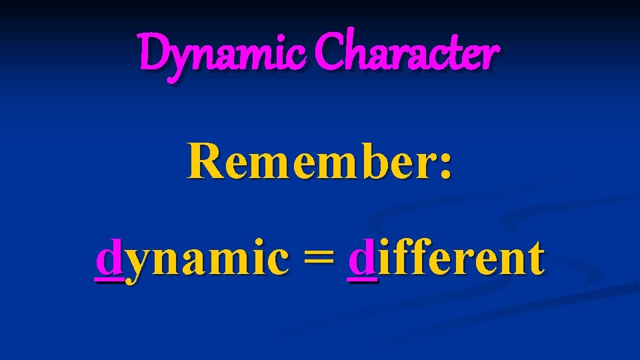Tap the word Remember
pyautogui.click(x=310, y=161)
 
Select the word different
pyautogui.click(x=445, y=259)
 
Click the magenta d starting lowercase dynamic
pyautogui.click(x=109, y=259)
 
